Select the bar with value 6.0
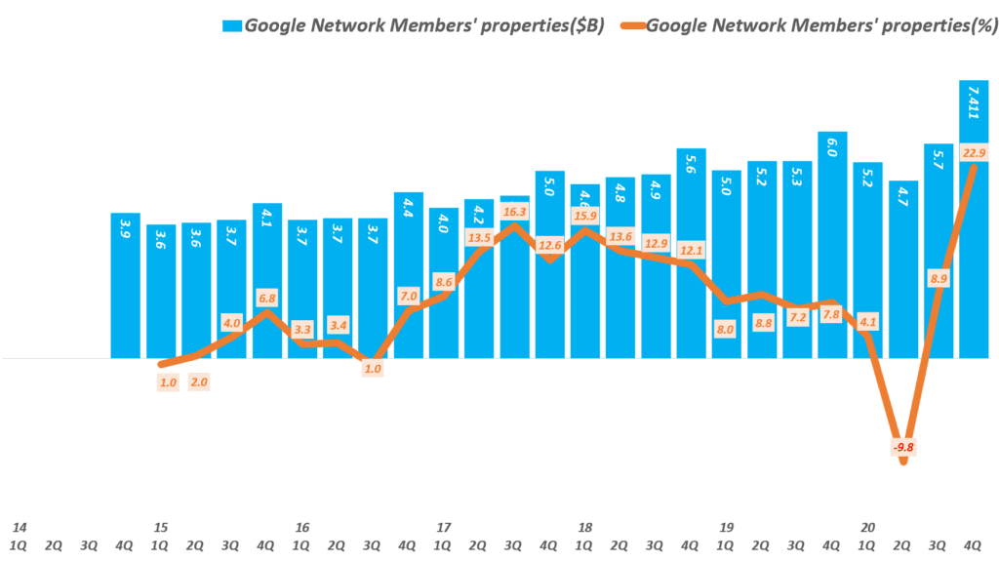click(832, 244)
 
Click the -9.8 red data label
click(904, 447)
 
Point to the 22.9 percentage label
click(974, 152)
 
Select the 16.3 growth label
click(514, 212)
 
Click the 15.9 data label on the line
click(585, 216)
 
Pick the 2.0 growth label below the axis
click(198, 382)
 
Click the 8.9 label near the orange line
click(939, 279)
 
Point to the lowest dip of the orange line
click(903, 461)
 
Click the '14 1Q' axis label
click(20, 536)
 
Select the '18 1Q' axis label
click(585, 536)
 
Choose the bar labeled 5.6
click(691, 254)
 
